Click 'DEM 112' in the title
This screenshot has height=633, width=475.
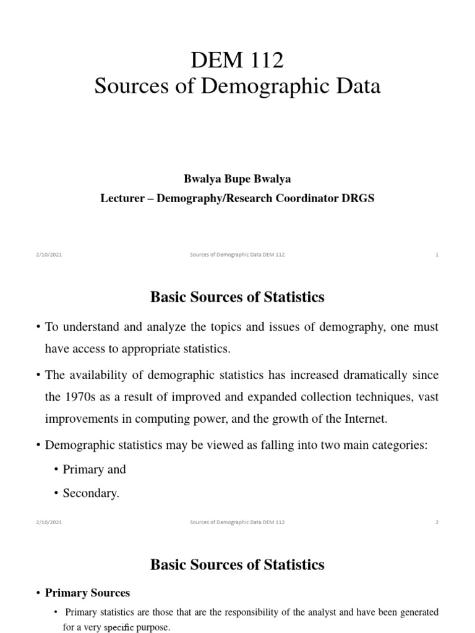[x=237, y=60]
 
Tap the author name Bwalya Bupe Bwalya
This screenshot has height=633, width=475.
[x=237, y=179]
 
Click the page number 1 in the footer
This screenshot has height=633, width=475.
[x=437, y=255]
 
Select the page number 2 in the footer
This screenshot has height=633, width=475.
[x=437, y=522]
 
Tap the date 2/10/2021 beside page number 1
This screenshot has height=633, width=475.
[x=49, y=255]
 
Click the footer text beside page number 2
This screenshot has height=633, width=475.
[x=237, y=522]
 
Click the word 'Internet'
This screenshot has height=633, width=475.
[x=363, y=418]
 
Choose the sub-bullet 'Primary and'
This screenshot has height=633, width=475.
[x=94, y=469]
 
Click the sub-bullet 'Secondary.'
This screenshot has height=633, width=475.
[x=91, y=493]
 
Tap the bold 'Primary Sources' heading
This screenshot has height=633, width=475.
[x=87, y=593]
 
